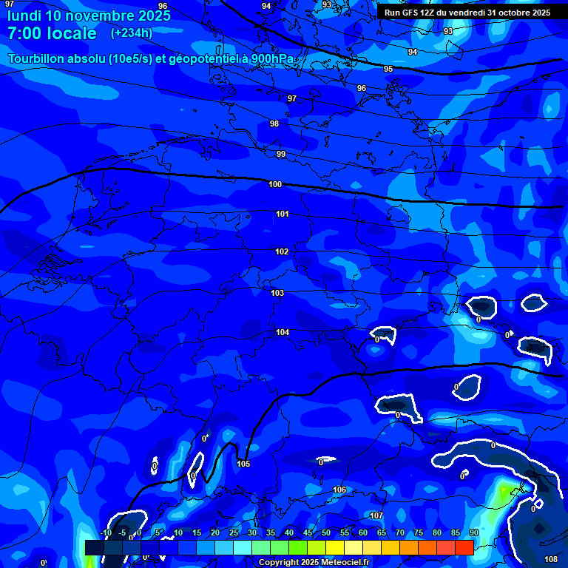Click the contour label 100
275,184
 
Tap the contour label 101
283,214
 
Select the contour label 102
282,251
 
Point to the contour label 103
277,293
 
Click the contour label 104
283,332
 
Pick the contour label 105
243,464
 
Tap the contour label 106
339,490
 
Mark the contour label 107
376,515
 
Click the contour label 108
551,559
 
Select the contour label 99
281,154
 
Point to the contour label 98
274,124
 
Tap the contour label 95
388,69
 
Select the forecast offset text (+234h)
132,33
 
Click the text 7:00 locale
52,33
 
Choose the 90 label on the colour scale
473,532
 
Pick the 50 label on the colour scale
325,532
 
